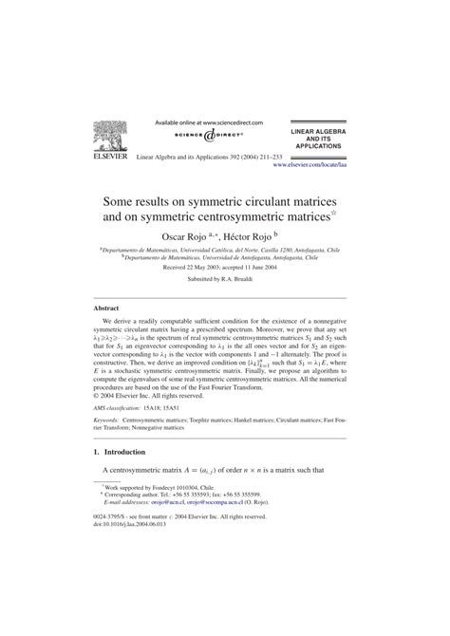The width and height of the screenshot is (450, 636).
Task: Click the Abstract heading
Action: (105, 309)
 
